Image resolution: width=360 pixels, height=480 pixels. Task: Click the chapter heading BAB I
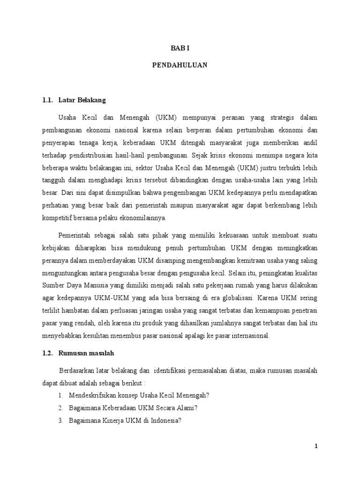coord(180,48)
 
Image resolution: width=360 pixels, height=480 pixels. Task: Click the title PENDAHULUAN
coord(180,66)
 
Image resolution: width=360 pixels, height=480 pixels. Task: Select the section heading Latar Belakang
coord(82,100)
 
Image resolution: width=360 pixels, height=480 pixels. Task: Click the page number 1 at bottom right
coord(316,446)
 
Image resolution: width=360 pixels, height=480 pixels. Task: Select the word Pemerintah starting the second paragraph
coord(76,235)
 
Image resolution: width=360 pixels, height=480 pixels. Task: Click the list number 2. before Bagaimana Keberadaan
coord(61,408)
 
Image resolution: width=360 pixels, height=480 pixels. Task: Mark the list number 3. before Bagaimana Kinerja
coord(61,420)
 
